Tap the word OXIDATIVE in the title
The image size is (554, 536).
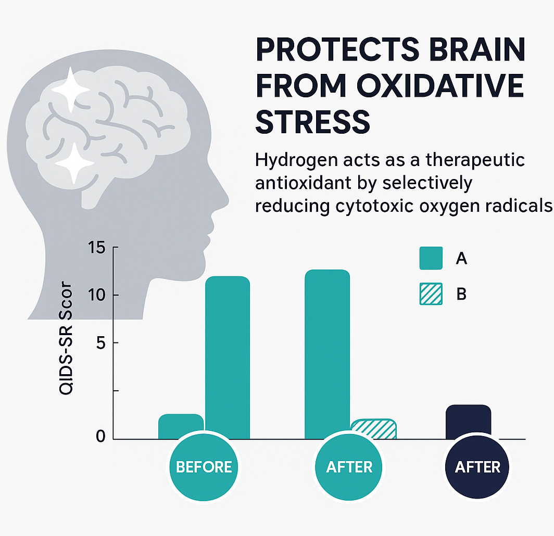coord(440,86)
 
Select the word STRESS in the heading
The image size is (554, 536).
coord(313,122)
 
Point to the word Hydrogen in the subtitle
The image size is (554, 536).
coord(297,161)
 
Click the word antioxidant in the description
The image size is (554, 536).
coord(303,183)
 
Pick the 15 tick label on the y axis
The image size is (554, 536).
coord(96,248)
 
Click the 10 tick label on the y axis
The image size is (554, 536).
coord(96,295)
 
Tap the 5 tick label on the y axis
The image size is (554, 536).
coord(100,343)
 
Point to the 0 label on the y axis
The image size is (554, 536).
coord(100,437)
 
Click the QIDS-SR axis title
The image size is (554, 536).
coord(66,338)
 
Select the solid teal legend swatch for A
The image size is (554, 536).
coord(431,258)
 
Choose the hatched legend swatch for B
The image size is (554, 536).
coord(431,294)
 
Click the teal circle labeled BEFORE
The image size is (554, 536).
coord(204,467)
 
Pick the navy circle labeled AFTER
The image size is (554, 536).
coord(477,467)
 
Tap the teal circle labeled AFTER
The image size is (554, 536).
coord(349,467)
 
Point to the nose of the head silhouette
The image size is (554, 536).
coord(225,202)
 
